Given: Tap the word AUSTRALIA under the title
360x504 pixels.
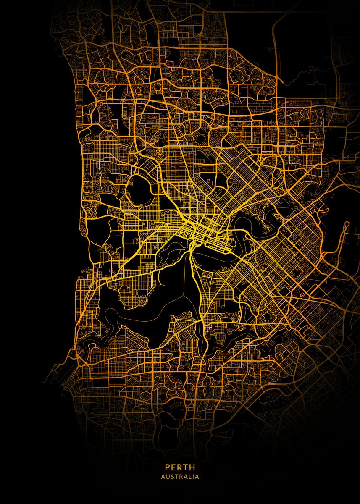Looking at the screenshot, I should pos(180,477).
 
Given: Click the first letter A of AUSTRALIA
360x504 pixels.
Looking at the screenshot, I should pos(163,477).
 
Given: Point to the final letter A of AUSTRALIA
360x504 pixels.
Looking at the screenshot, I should pos(197,477).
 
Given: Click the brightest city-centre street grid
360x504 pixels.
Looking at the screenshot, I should pos(200,229).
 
